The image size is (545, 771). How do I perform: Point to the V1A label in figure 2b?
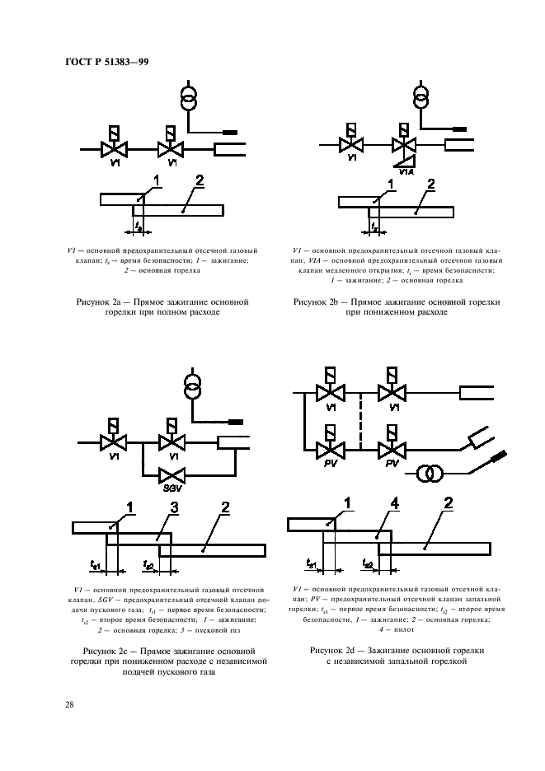(406, 171)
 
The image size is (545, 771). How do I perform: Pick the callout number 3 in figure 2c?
(174, 508)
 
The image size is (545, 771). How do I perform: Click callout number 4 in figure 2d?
(397, 503)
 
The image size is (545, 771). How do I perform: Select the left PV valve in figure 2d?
(328, 449)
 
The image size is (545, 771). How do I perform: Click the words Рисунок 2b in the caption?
(317, 303)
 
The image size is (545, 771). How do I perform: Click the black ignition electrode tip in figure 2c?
(237, 421)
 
